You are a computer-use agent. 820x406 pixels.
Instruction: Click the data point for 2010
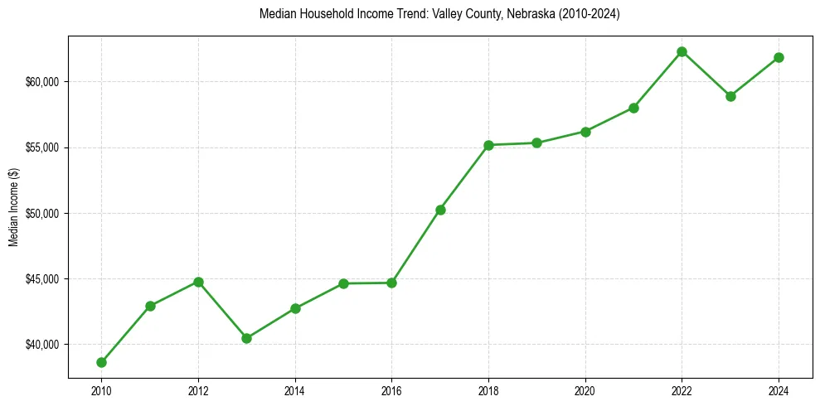(101, 362)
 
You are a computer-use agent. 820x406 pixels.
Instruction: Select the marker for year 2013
(246, 338)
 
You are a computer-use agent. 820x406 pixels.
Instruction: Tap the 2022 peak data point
(682, 51)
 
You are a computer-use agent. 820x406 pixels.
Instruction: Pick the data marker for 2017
(440, 210)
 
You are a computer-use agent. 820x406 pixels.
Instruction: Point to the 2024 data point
(779, 57)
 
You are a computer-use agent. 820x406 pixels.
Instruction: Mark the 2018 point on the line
(488, 145)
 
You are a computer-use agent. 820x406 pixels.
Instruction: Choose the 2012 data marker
(198, 282)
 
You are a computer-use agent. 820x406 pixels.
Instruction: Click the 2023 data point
(730, 96)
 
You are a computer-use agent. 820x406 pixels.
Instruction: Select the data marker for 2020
(585, 132)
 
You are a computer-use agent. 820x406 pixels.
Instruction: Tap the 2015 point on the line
(343, 283)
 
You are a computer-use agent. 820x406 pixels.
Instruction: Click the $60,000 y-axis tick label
(41, 82)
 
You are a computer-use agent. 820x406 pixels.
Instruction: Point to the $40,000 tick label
(41, 345)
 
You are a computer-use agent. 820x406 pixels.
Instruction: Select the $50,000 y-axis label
(41, 213)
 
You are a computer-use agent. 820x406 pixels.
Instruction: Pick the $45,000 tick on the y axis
(41, 279)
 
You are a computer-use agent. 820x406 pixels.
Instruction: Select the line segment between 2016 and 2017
(416, 246)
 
